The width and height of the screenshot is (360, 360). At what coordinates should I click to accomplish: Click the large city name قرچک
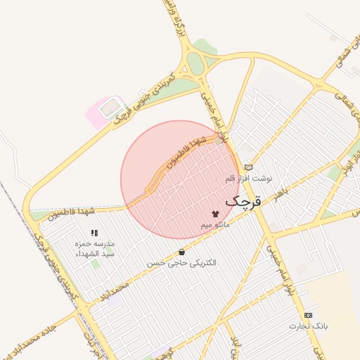243,202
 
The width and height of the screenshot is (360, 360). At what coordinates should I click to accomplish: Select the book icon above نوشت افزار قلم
247,167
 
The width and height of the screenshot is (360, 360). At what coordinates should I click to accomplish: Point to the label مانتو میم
215,224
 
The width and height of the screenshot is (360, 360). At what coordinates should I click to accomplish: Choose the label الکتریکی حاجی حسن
181,262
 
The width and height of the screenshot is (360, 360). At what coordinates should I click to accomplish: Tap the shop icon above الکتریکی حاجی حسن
182,251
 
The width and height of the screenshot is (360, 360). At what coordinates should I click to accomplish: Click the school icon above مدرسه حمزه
94,232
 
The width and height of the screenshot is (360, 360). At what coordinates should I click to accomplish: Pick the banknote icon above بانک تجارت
308,314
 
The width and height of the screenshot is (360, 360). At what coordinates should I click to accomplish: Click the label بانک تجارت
309,326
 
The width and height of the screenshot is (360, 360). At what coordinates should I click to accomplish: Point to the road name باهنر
282,193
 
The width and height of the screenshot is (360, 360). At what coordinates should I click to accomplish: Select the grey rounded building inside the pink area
109,108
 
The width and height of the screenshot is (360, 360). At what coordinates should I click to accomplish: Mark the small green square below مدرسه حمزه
94,263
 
